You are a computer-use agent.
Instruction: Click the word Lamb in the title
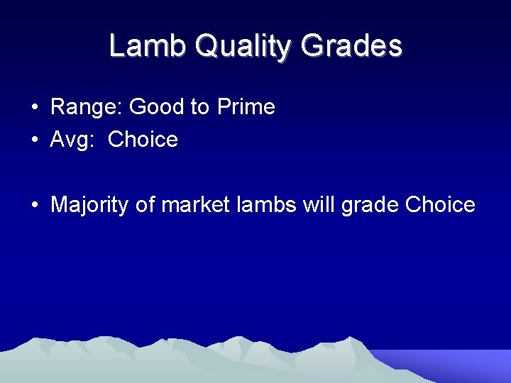point(147,46)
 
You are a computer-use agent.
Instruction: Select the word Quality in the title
point(242,48)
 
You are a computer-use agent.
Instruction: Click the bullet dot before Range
point(34,108)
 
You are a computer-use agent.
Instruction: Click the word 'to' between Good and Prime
point(200,107)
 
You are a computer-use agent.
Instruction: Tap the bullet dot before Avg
point(34,140)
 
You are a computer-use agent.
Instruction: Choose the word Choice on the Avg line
point(143,140)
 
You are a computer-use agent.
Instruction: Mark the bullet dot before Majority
point(34,206)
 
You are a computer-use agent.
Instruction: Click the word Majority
point(90,206)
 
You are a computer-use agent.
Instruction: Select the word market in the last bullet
point(195,205)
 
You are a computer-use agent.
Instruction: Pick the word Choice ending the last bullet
point(440,205)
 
